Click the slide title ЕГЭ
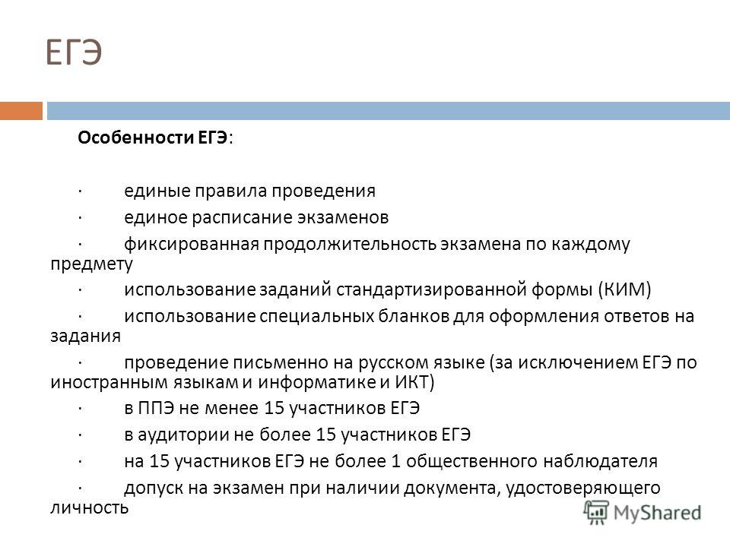pyautogui.click(x=74, y=52)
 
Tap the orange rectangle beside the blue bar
pyautogui.click(x=21, y=111)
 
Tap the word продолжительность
pyautogui.click(x=350, y=244)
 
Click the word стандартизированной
pyautogui.click(x=432, y=289)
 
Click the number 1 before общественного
pyautogui.click(x=395, y=461)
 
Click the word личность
pyautogui.click(x=89, y=507)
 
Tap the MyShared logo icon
pyautogui.click(x=596, y=513)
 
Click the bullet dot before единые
pyautogui.click(x=80, y=191)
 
